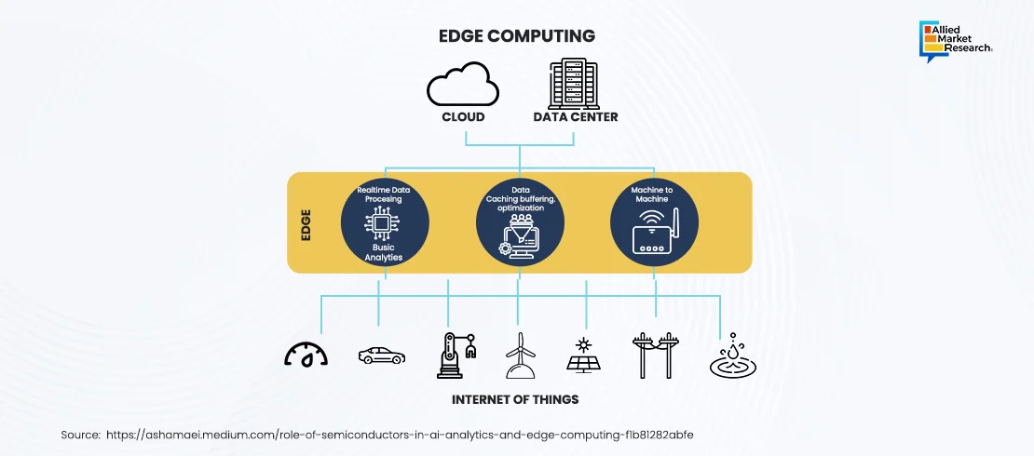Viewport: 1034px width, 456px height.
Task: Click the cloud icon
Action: pos(463,86)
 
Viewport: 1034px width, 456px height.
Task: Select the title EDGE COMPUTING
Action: pos(517,36)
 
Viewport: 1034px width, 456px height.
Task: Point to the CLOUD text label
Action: pos(463,117)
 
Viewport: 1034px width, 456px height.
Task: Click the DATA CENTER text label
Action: pos(575,117)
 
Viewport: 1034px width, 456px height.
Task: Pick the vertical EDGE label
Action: pos(306,223)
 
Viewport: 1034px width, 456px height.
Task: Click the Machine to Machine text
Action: pos(655,194)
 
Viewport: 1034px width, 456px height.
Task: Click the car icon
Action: pos(381,355)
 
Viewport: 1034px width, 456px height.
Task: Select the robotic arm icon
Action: pos(455,355)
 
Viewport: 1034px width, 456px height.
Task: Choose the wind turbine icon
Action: pos(520,355)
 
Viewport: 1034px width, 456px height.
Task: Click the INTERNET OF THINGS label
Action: pos(515,399)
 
